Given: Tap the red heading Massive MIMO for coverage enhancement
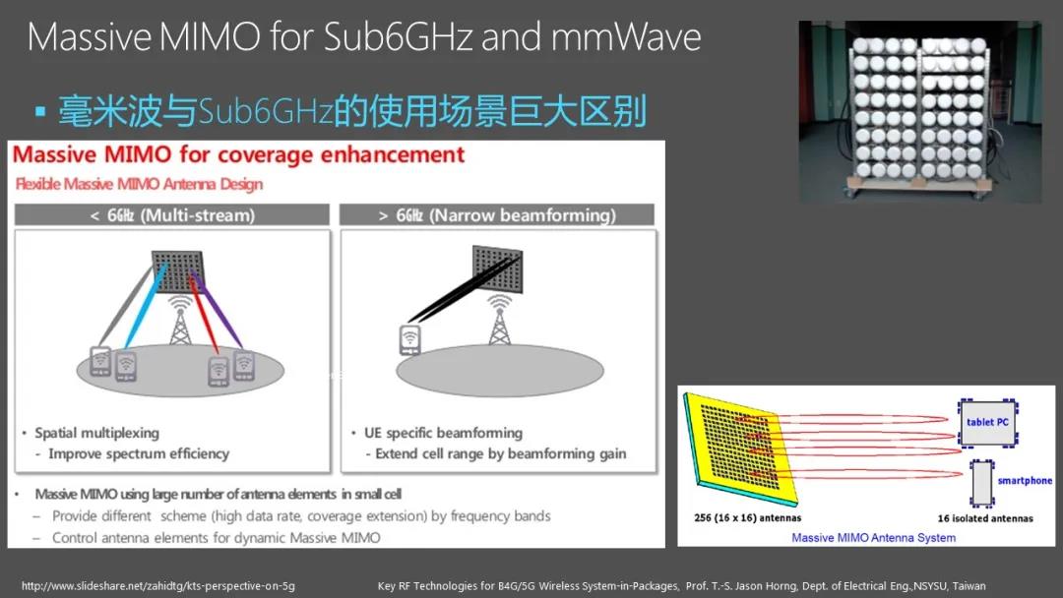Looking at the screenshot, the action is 238,155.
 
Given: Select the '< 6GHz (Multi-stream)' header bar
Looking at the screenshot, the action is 172,215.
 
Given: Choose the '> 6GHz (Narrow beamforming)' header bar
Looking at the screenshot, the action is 497,215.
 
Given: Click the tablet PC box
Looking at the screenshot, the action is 988,423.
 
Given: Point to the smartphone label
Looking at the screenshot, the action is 1025,480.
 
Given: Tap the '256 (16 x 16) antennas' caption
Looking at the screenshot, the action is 747,518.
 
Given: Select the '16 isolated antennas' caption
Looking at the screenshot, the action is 985,518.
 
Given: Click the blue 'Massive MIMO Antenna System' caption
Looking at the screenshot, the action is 873,538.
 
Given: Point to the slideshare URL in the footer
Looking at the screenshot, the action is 157,586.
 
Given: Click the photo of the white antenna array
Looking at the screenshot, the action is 920,112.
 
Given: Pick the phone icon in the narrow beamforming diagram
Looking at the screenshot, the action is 410,340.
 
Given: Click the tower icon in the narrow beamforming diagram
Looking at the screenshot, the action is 500,321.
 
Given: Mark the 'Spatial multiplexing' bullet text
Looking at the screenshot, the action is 96,433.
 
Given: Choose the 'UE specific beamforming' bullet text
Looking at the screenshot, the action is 443,433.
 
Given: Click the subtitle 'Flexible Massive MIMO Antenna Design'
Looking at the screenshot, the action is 139,184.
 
